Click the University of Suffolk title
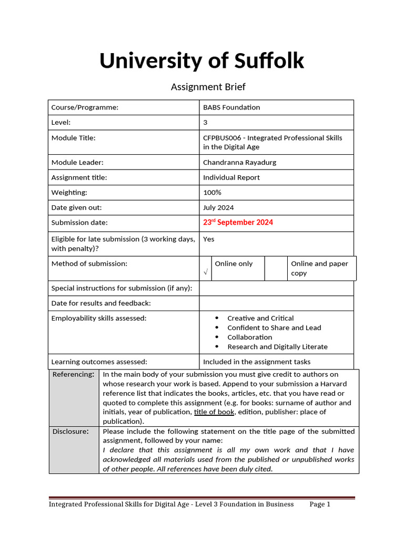201,61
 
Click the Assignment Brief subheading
208,87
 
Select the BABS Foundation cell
231,107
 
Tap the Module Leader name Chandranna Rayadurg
239,163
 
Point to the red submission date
238,223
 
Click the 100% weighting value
212,193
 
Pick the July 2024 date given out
218,208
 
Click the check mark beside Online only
205,272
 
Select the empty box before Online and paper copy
276,268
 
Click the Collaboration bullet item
249,337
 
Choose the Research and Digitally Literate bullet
277,347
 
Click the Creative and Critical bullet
260,318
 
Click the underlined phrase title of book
214,412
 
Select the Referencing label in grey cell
73,374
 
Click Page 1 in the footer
320,504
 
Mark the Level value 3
205,123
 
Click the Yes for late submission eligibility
209,239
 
